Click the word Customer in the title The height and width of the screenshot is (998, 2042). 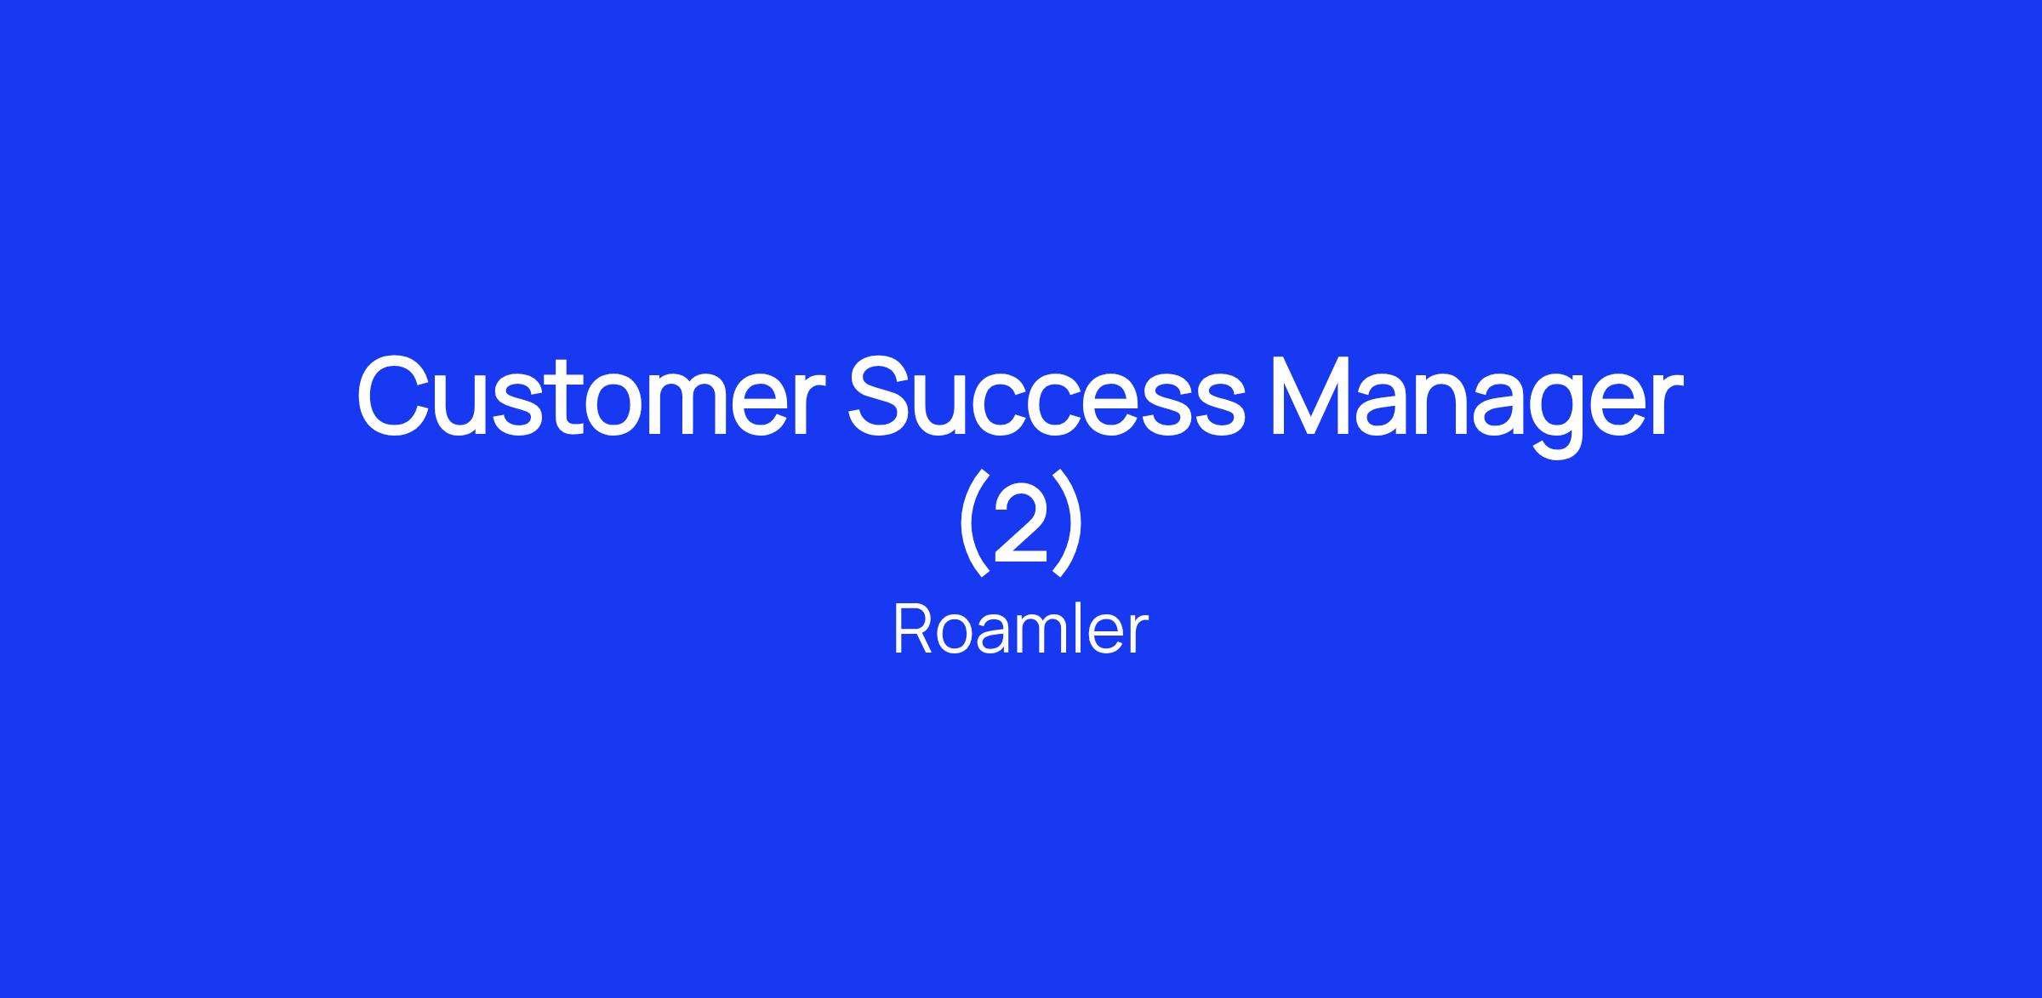point(590,396)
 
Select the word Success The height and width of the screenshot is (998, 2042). point(1047,396)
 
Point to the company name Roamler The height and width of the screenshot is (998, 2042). point(1020,630)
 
